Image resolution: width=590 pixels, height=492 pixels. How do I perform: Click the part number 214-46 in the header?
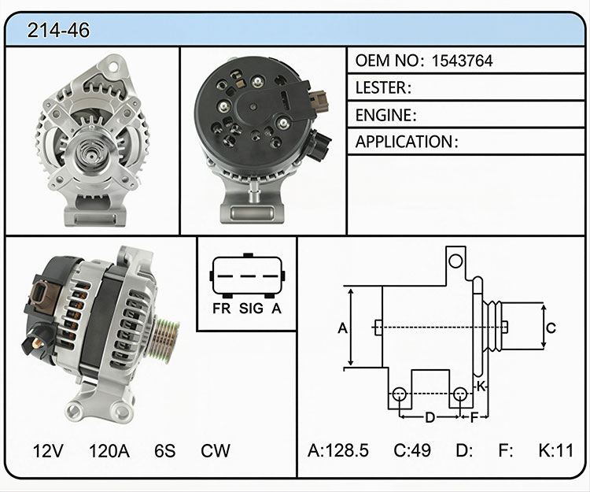[58, 30]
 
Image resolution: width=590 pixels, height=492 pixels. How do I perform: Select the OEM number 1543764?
[462, 61]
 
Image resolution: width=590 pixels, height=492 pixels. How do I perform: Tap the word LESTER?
[381, 87]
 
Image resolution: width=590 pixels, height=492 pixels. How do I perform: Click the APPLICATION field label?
[404, 142]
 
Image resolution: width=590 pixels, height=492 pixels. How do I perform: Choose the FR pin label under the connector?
[222, 309]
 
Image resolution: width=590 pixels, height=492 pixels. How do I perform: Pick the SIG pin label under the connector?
[251, 309]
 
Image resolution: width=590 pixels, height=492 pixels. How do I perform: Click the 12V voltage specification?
[48, 450]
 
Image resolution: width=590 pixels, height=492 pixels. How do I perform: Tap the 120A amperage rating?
[109, 450]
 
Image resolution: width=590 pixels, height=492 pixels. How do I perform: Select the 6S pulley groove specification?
[165, 450]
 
